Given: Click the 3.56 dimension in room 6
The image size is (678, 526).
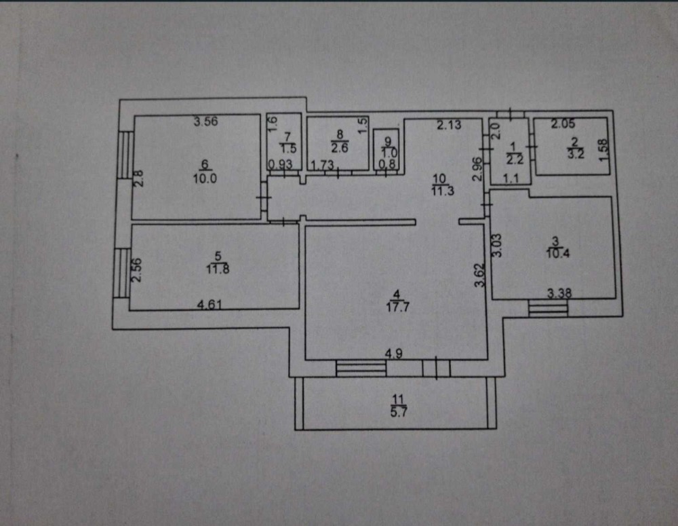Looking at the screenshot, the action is [x=206, y=121].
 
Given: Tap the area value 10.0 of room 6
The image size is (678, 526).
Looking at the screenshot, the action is [x=205, y=179].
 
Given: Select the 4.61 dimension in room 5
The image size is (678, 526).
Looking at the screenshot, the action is [x=210, y=305].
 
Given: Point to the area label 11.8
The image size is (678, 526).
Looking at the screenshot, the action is [x=218, y=269].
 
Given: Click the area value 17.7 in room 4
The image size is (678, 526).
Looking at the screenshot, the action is [x=397, y=307].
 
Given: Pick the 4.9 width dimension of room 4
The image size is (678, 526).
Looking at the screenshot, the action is [x=393, y=354].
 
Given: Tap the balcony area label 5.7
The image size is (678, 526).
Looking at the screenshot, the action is [x=398, y=411].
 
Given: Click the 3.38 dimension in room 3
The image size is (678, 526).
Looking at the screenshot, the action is [x=559, y=294].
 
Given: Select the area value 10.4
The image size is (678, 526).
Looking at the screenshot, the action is [x=558, y=253].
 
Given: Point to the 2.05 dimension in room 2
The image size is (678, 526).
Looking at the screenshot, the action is [x=563, y=124].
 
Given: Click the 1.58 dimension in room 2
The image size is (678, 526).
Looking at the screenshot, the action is [x=603, y=150].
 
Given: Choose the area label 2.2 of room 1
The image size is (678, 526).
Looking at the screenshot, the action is [x=515, y=159].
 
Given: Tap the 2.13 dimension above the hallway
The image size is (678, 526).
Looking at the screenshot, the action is [x=449, y=125].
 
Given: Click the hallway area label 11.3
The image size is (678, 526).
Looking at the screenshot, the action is [x=443, y=191].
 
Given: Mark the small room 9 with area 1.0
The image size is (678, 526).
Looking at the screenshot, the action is [x=389, y=150].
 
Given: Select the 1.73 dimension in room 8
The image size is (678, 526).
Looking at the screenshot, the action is [x=323, y=165].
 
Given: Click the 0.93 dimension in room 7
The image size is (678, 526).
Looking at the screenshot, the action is [x=280, y=164].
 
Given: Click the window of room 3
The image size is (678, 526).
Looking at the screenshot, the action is [x=548, y=308].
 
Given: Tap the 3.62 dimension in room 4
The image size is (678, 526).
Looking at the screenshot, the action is [x=480, y=276].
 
